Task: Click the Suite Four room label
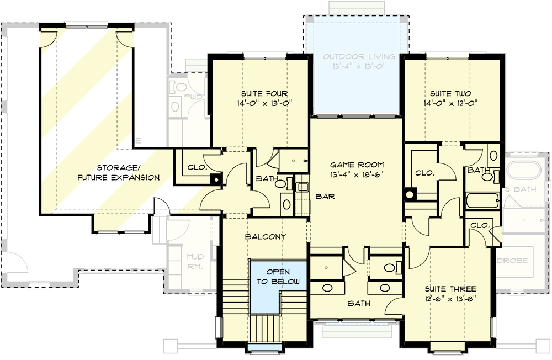[264, 93]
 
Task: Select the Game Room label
[356, 165]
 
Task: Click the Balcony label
[266, 237]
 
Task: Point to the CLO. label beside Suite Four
[197, 166]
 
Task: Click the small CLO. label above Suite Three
[481, 225]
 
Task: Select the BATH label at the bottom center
[359, 303]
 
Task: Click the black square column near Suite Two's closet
[410, 194]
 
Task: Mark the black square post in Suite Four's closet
[215, 178]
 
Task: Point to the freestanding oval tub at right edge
[524, 171]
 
